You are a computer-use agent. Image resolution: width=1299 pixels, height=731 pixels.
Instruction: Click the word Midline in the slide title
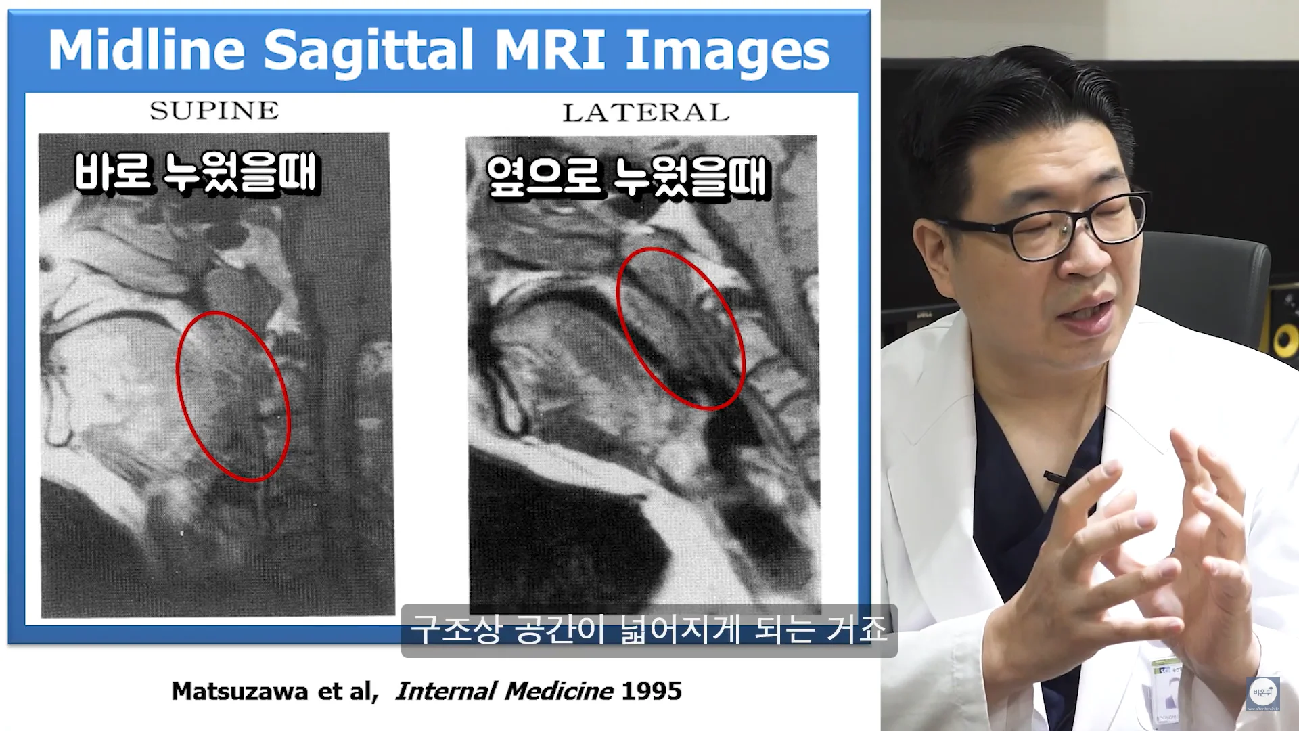(146, 50)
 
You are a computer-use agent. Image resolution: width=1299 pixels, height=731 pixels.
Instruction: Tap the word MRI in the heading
(550, 50)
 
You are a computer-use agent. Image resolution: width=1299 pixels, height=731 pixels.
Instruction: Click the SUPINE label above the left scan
(214, 110)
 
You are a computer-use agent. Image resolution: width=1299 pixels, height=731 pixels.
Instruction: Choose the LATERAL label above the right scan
(646, 112)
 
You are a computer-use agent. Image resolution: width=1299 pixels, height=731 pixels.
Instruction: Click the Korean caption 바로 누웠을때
(196, 173)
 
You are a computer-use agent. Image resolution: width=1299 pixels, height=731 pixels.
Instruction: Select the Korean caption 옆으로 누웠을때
(629, 178)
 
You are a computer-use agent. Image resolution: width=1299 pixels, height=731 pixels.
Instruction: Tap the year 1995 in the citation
(652, 691)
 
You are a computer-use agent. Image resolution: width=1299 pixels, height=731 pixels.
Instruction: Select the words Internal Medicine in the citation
(505, 691)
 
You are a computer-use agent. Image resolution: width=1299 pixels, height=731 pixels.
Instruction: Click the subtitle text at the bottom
(648, 631)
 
